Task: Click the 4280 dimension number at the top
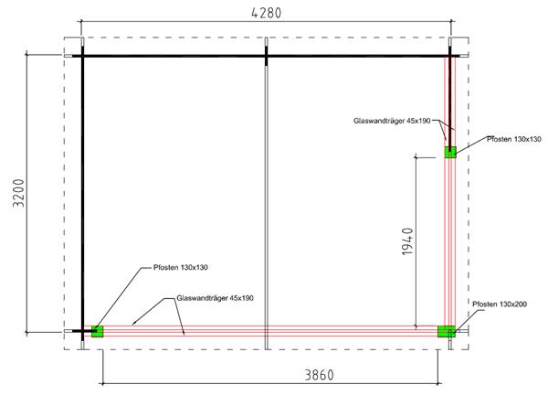pyautogui.click(x=267, y=13)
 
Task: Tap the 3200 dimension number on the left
pyautogui.click(x=18, y=193)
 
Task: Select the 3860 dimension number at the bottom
pyautogui.click(x=319, y=375)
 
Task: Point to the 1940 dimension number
pyautogui.click(x=407, y=241)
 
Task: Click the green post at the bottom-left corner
pyautogui.click(x=98, y=331)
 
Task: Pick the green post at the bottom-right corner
pyautogui.click(x=447, y=331)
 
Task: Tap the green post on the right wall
pyautogui.click(x=450, y=152)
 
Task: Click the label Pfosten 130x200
pyautogui.click(x=500, y=304)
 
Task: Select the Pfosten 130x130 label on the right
pyautogui.click(x=513, y=139)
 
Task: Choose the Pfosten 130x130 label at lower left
pyautogui.click(x=181, y=267)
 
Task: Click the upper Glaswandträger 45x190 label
pyautogui.click(x=392, y=121)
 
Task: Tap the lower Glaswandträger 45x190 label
pyautogui.click(x=215, y=298)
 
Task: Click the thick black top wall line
pyautogui.click(x=266, y=56)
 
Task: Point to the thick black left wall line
pyautogui.click(x=83, y=193)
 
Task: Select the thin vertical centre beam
pyautogui.click(x=267, y=208)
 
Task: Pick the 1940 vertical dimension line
pyautogui.click(x=416, y=241)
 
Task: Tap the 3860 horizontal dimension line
pyautogui.click(x=270, y=383)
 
